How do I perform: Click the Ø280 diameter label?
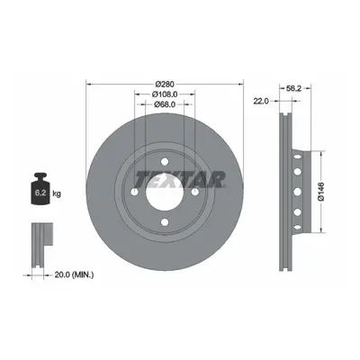click(165, 85)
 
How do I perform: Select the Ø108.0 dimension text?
click(165, 94)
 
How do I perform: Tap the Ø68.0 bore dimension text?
click(165, 104)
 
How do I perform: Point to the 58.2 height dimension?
click(293, 88)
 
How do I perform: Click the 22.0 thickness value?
click(261, 102)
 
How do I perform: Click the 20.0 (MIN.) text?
click(74, 274)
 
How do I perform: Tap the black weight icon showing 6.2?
click(40, 188)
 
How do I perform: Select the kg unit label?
click(57, 193)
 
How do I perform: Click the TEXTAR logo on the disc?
click(180, 179)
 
